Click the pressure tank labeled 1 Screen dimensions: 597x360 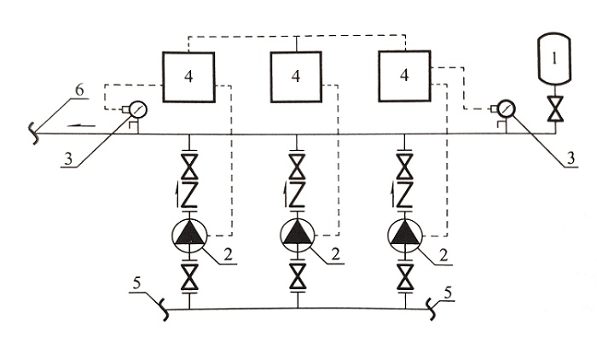coord(554,59)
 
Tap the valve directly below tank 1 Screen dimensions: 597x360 coord(554,109)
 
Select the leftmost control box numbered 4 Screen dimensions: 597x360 coord(188,78)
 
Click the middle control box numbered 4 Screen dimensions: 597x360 coord(296,78)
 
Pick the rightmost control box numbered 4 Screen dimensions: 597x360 coord(404,76)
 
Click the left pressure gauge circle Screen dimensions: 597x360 coord(137,109)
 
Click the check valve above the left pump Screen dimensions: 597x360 coord(188,195)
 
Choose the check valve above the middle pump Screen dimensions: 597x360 coord(297,195)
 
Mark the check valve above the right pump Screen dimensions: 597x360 coord(405,195)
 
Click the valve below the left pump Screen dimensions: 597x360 coord(189,277)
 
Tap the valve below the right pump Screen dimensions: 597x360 coord(405,277)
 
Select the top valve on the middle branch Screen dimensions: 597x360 coord(297,166)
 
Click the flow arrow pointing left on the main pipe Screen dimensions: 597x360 coord(81,125)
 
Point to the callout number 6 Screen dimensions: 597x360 coord(78,90)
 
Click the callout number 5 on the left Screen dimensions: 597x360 coord(137,283)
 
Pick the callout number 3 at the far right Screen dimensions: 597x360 coord(570,158)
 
